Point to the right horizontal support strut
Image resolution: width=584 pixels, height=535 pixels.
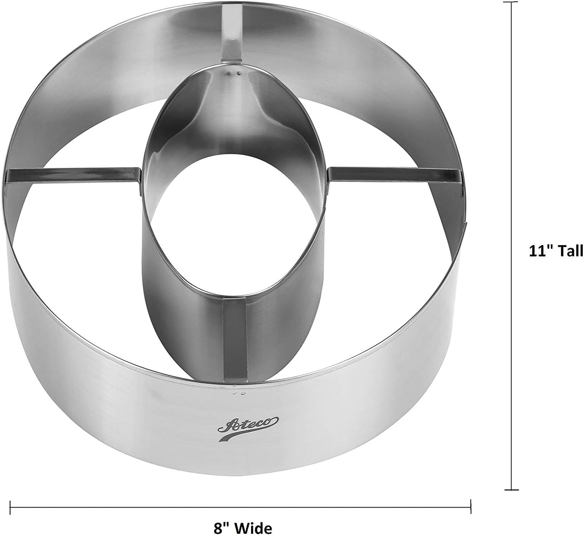click(x=394, y=176)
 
